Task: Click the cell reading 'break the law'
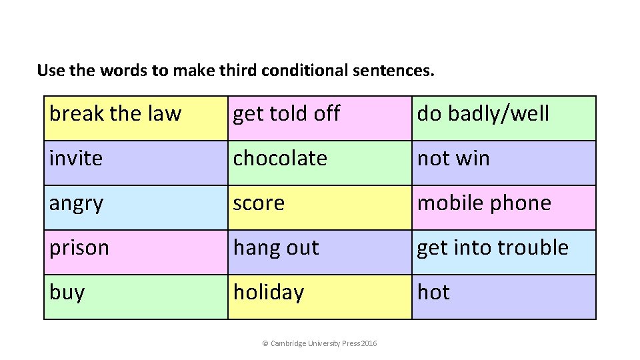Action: pos(135,118)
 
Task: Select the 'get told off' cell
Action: pos(319,118)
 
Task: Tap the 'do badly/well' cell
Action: pos(503,118)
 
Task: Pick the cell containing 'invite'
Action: pos(135,163)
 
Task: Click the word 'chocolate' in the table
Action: pos(280,159)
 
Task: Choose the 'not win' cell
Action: pos(503,163)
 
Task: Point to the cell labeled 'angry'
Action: pos(135,207)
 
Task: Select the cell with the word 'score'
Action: pos(319,207)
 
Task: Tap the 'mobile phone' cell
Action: pos(503,207)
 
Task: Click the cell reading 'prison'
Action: pos(135,252)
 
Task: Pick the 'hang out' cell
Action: pos(319,252)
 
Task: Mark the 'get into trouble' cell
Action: pos(503,252)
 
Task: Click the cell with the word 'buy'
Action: pos(135,297)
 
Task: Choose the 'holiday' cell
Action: pos(319,297)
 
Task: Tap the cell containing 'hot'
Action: pos(503,297)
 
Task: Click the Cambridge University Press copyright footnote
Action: pos(319,343)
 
